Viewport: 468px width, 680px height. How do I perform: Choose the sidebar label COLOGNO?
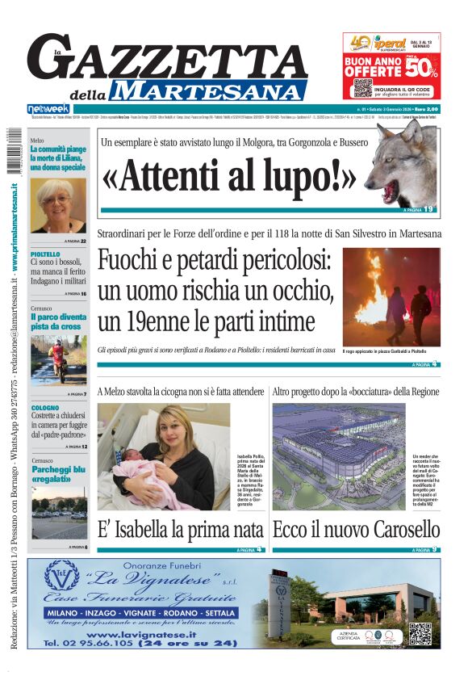pyautogui.click(x=45, y=408)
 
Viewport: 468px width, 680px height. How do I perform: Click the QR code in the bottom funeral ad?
pyautogui.click(x=419, y=633)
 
